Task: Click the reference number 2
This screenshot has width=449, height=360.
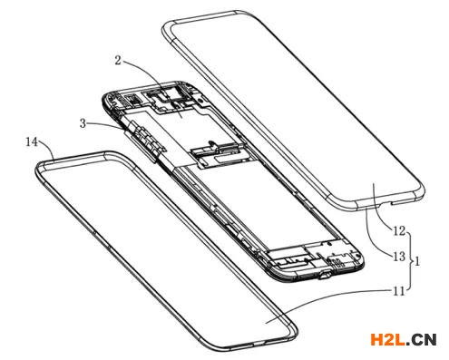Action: (118, 61)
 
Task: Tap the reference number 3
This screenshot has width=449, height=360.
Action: (83, 123)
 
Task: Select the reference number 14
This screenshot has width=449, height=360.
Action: (32, 141)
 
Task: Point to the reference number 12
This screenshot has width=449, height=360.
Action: (399, 231)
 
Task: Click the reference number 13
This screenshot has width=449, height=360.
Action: (399, 257)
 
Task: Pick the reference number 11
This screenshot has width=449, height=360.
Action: (398, 291)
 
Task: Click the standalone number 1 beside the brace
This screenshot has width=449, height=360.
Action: (417, 261)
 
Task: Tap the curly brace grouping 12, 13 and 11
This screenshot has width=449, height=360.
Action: (410, 261)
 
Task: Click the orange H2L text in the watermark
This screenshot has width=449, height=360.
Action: (387, 339)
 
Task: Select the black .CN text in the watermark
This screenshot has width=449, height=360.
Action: (421, 339)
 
